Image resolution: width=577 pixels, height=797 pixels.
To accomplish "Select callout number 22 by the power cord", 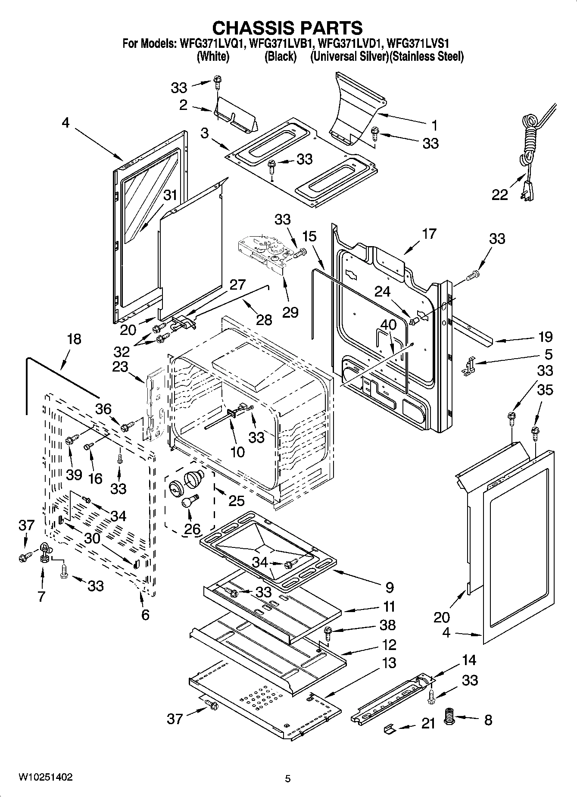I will point(500,195).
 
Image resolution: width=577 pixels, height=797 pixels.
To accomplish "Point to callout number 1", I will point(434,125).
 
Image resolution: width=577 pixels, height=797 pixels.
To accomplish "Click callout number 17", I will point(429,234).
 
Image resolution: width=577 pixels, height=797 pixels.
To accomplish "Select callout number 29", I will point(290,312).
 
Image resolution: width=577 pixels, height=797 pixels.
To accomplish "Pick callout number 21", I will point(428,724).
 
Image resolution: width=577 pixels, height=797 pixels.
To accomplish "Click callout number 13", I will point(389,663).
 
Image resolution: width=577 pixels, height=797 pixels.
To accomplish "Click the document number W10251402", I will point(45,777).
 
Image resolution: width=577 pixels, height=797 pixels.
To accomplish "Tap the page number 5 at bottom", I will point(288,779).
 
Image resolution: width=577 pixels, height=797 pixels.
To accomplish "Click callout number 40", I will point(388,324).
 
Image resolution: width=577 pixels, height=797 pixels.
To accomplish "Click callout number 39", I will point(74,475).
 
